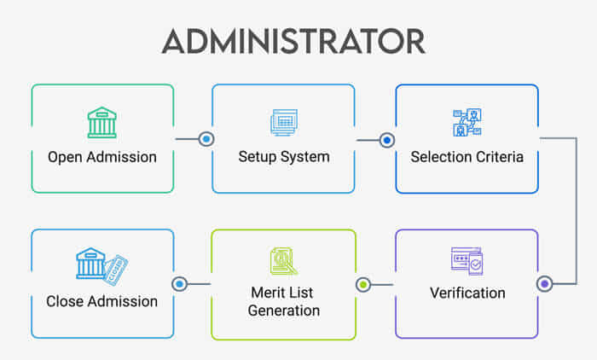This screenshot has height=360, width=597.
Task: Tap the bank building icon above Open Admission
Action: tap(101, 123)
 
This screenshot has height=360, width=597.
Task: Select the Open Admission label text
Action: tap(102, 157)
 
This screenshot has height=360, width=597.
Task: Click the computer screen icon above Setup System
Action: tap(283, 123)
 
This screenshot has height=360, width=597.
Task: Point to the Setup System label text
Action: tap(283, 157)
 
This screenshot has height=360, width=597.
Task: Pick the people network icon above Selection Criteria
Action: tap(467, 123)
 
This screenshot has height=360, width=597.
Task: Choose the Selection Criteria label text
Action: tap(467, 157)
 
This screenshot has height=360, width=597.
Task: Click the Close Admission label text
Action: tap(102, 301)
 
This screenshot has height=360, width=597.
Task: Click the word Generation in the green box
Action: tap(283, 310)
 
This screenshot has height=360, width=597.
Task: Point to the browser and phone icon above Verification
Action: tap(467, 260)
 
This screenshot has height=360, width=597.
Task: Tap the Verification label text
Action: tap(467, 293)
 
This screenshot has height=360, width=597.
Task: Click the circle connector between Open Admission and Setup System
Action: tap(206, 138)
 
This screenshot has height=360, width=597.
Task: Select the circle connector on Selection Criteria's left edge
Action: tap(386, 139)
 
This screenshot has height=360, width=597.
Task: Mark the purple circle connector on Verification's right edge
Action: tap(545, 283)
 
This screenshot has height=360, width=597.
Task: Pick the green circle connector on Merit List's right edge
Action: tap(362, 283)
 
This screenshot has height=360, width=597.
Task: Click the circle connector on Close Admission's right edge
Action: tap(179, 283)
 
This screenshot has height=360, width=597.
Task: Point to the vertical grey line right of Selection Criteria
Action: tap(577, 209)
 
